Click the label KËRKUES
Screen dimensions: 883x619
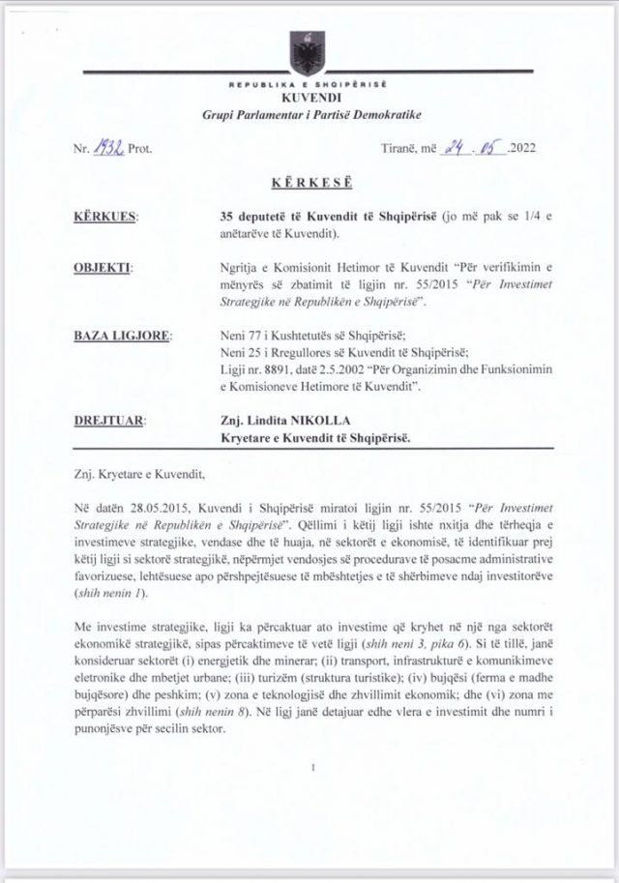(105, 219)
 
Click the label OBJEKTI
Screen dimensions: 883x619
(103, 263)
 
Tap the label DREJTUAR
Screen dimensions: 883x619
(110, 421)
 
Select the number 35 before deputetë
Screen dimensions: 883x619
(227, 219)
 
